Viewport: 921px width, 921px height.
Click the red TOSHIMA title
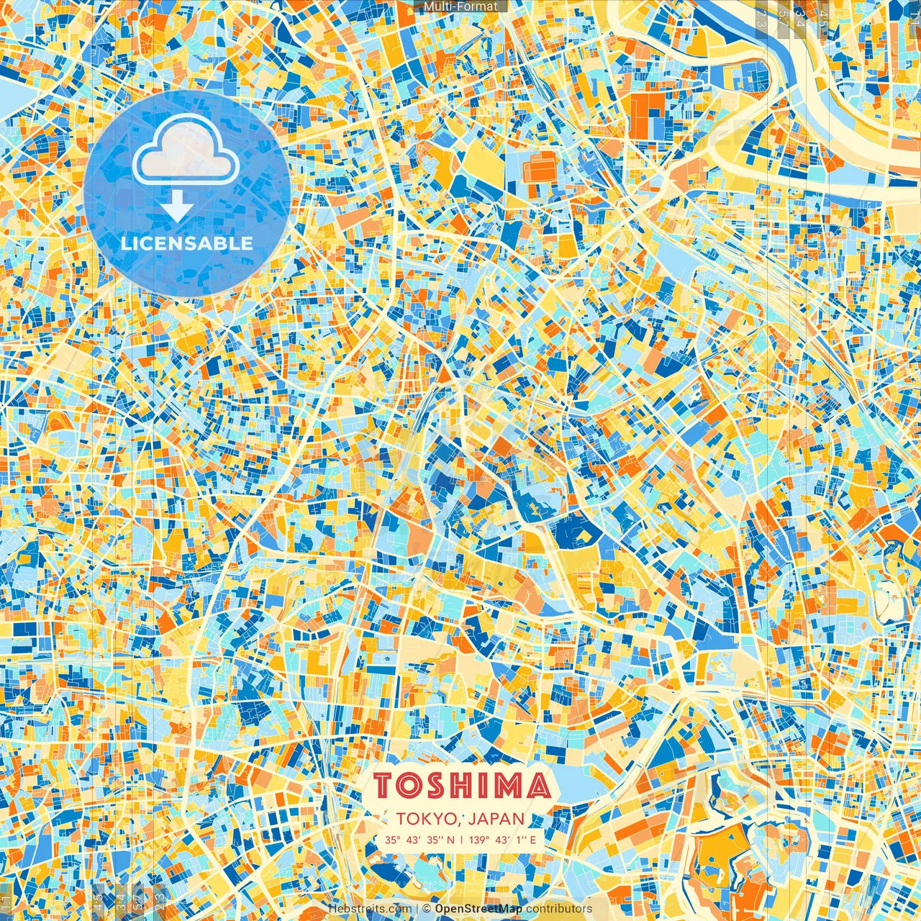coord(462,786)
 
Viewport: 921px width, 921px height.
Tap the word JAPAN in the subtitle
coord(496,819)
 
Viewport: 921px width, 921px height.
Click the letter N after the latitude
coord(450,840)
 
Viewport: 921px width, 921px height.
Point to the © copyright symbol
coord(427,909)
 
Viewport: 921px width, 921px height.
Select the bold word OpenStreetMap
coord(478,909)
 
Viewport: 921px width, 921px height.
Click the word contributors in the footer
coord(559,909)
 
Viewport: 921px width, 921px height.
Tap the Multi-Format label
coord(460,6)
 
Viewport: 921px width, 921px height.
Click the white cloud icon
coord(186,153)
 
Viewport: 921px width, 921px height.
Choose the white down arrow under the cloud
coord(177,209)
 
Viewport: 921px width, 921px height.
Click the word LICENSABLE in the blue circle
coord(187,243)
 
